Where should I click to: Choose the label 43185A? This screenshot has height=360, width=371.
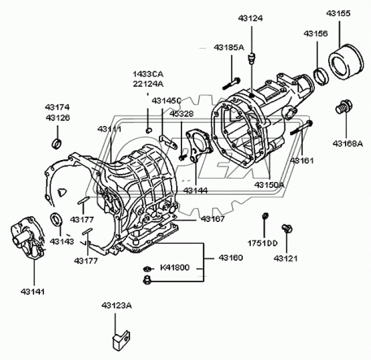(229, 47)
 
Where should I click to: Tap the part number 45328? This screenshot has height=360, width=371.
(181, 114)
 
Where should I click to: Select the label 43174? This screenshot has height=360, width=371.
(57, 107)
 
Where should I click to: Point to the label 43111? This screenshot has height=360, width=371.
(110, 128)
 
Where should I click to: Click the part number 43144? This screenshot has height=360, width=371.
(196, 191)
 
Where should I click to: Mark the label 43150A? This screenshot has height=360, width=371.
(269, 184)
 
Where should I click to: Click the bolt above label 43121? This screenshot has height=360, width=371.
(288, 229)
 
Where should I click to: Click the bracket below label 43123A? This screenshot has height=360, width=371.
(120, 337)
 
